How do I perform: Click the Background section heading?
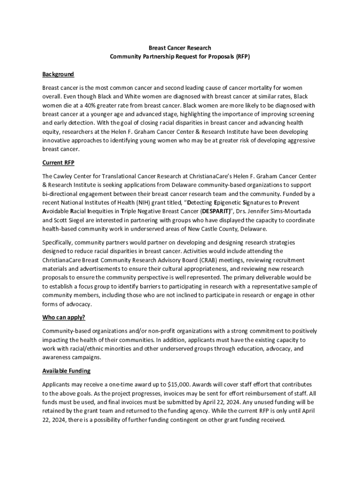tap(58, 74)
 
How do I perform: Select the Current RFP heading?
tap(58, 163)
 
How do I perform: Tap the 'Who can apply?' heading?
tap(64, 317)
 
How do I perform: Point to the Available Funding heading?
tap(66, 371)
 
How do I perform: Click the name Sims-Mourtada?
tap(295, 211)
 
